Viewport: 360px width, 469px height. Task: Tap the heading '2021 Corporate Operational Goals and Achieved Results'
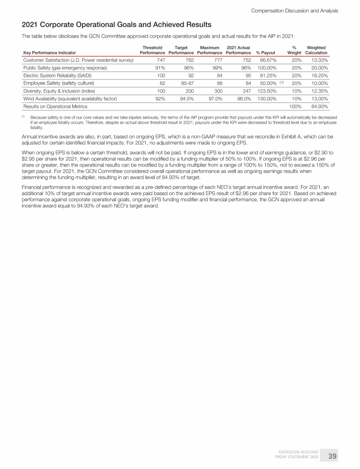click(x=116, y=24)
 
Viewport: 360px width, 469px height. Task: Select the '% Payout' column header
click(x=265, y=53)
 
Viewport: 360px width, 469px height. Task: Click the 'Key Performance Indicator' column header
click(x=49, y=53)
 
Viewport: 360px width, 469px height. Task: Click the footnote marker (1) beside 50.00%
click(x=282, y=83)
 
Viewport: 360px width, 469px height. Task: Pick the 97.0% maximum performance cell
click(x=213, y=99)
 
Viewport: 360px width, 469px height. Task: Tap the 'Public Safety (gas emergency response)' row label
click(x=65, y=68)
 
